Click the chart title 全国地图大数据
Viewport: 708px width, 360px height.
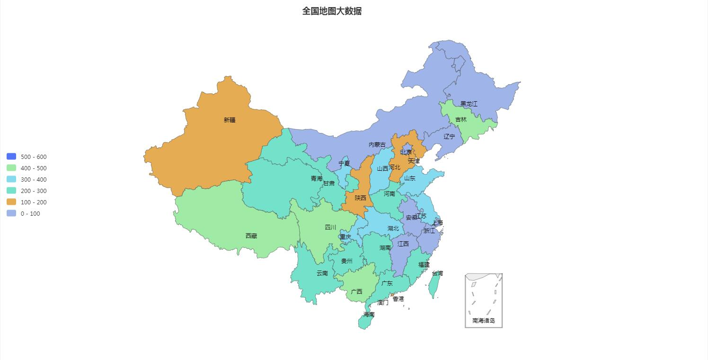pos(332,11)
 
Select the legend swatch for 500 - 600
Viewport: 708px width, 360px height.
pos(11,157)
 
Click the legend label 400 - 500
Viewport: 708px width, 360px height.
pos(34,168)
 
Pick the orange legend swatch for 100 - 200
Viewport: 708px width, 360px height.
pos(11,202)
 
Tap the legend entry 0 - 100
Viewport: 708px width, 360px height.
pos(30,214)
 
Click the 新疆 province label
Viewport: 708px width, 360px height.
pos(230,120)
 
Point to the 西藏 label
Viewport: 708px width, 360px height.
pos(251,236)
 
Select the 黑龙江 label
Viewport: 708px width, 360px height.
pos(469,104)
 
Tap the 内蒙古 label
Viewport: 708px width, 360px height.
pos(377,145)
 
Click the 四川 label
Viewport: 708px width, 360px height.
pos(330,228)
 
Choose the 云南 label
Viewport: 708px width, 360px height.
pos(322,273)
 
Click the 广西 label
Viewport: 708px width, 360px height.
pos(356,292)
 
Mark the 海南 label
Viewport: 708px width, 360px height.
pos(369,315)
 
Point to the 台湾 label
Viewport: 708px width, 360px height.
pos(437,273)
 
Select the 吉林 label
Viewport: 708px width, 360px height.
pos(461,120)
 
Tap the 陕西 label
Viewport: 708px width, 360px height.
pos(361,198)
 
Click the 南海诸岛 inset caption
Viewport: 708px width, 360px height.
pos(484,321)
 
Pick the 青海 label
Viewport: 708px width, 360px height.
pos(316,179)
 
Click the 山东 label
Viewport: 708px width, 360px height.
pos(410,178)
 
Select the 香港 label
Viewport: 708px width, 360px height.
pos(398,299)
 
